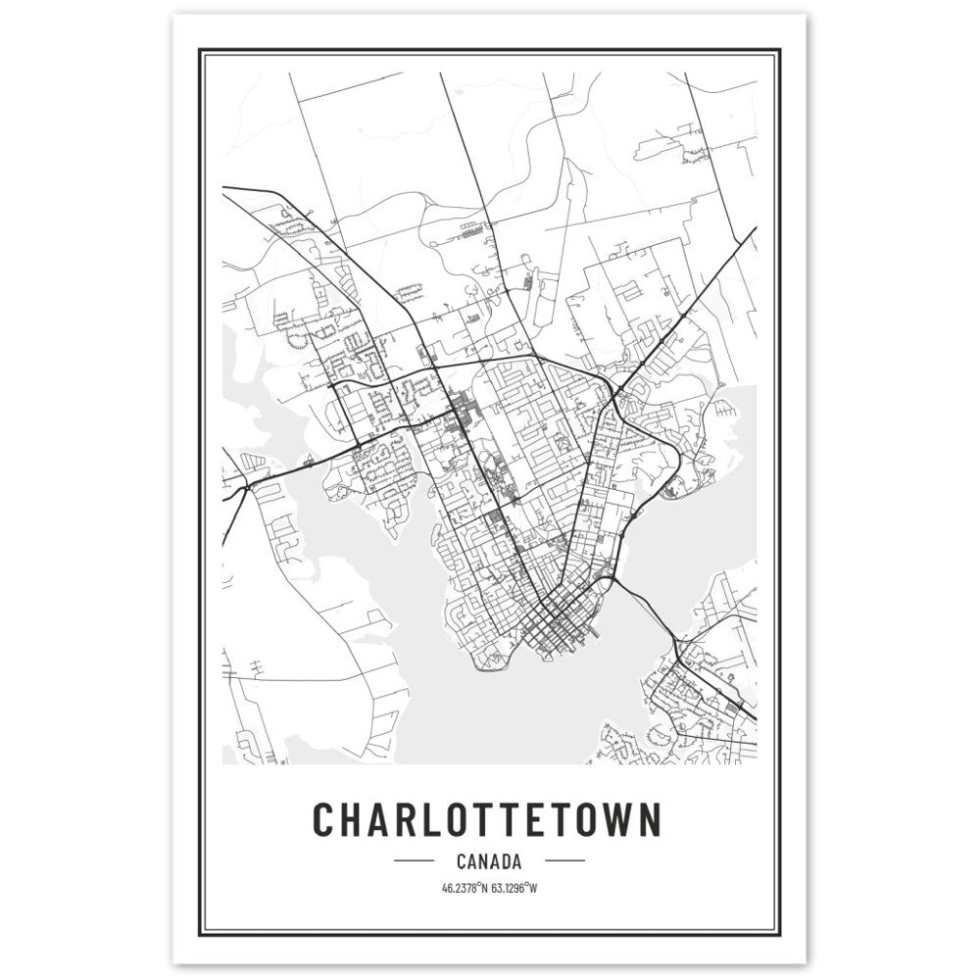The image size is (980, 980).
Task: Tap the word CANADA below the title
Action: coord(487,862)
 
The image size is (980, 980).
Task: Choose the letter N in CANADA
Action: coord(485,862)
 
